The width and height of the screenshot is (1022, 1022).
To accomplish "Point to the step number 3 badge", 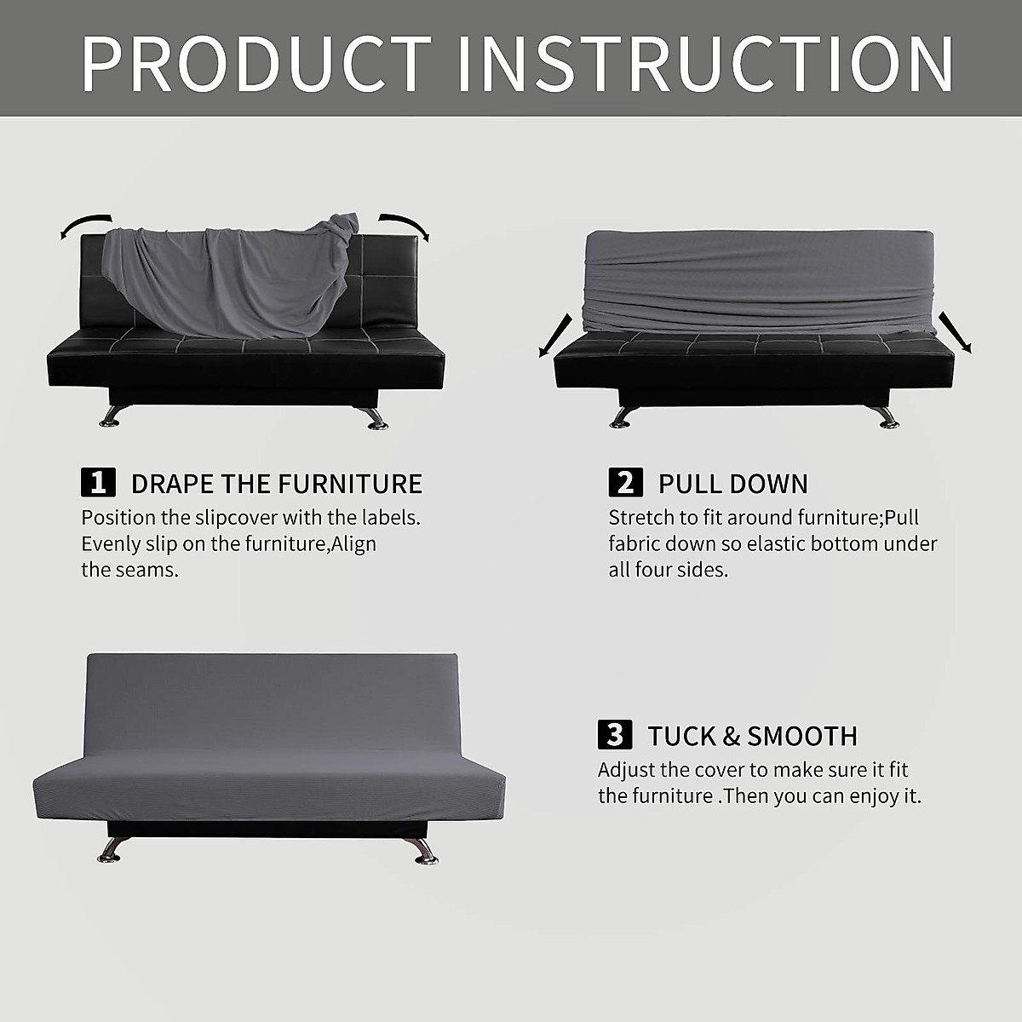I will pos(615,734).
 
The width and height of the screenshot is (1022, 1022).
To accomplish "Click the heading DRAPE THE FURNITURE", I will pos(277,484).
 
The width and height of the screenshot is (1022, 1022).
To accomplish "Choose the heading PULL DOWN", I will pos(732,484).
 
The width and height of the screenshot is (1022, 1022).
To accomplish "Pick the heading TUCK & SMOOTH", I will pos(752,736).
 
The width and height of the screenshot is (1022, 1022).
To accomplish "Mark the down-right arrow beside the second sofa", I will pos(955,332).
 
